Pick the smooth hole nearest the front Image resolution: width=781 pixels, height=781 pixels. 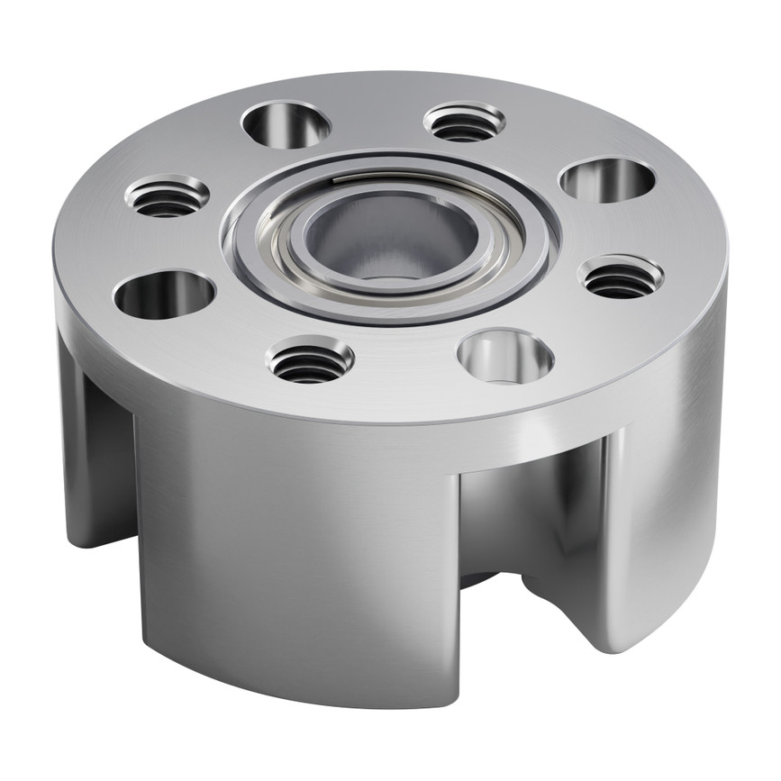[504, 355]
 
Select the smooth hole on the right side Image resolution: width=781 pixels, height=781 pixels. [607, 179]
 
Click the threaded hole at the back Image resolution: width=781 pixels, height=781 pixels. [464, 122]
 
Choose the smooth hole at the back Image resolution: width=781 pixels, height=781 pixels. [286, 124]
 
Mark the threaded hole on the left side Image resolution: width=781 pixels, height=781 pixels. [167, 195]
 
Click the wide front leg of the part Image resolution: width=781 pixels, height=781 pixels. [297, 559]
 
